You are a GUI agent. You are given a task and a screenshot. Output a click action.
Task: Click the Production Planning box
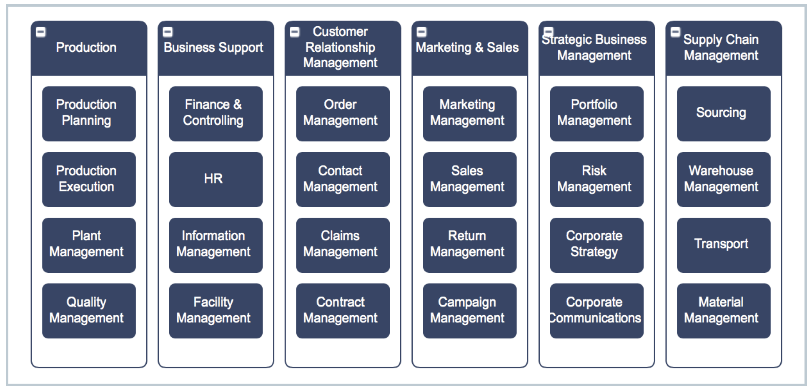89,113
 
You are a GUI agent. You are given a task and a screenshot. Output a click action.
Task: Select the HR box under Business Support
216,179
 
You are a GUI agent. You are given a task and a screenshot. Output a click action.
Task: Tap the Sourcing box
723,113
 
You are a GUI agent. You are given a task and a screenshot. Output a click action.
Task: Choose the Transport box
723,245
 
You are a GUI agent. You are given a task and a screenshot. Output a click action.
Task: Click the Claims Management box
343,245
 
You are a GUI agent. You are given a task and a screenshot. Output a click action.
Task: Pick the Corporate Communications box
596,311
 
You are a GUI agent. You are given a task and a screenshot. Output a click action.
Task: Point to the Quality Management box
89,311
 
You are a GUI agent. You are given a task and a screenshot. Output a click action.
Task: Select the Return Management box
469,245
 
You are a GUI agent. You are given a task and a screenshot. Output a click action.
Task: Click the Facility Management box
216,311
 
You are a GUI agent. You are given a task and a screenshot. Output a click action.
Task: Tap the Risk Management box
596,179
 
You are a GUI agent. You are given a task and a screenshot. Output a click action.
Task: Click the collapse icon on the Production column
41,32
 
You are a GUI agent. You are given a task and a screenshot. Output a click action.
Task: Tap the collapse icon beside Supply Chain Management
675,32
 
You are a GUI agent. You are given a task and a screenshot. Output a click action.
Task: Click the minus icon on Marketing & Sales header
421,32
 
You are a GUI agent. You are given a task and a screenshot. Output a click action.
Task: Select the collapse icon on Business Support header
168,32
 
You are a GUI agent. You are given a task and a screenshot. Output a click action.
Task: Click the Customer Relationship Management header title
340,47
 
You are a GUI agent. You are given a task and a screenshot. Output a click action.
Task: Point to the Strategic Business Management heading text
594,47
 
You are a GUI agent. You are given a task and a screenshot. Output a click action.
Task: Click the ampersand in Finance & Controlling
237,104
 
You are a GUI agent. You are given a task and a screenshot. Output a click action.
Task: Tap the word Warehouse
721,171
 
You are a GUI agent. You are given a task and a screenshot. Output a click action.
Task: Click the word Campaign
467,302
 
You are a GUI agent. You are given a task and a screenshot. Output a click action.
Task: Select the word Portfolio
594,104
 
